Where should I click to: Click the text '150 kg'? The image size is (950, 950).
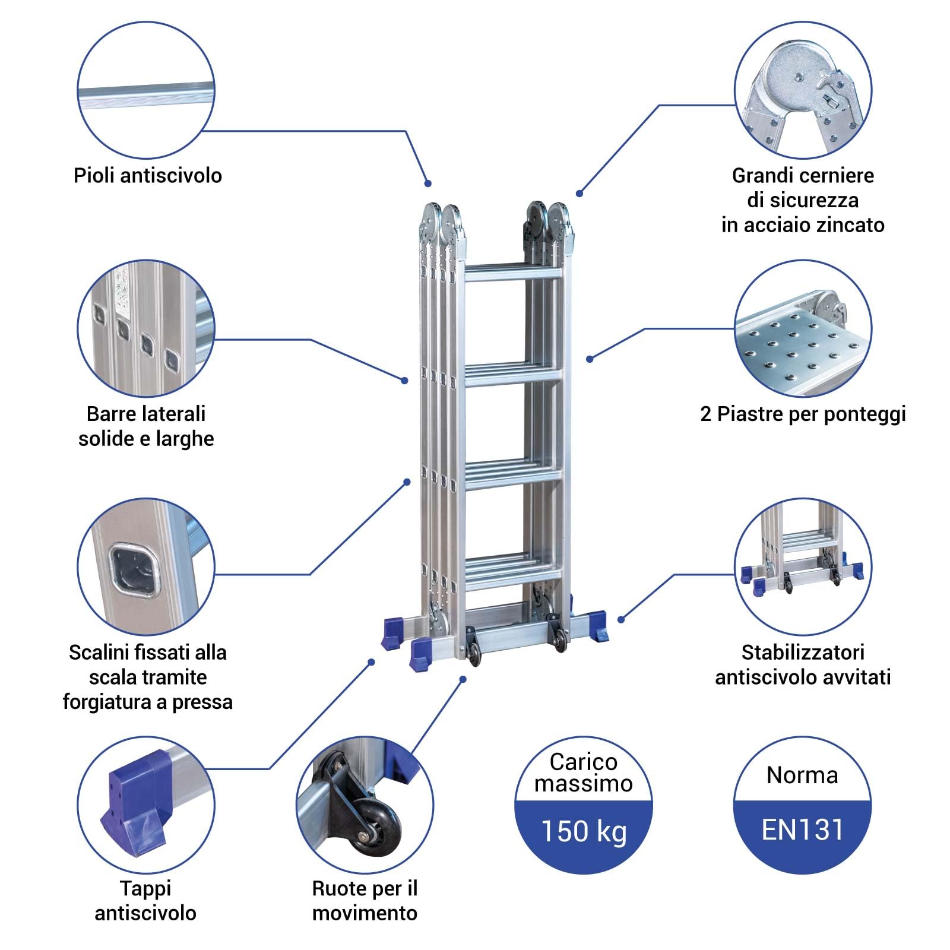point(583,831)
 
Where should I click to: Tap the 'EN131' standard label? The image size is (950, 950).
point(802,829)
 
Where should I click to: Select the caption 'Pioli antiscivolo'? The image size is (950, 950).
point(147,176)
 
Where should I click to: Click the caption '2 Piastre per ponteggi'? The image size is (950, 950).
point(803,414)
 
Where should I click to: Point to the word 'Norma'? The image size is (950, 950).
point(802,775)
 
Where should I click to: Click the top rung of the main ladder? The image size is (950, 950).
point(513,274)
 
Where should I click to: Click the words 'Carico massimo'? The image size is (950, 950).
point(583,772)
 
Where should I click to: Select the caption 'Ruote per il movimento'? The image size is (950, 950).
point(365,900)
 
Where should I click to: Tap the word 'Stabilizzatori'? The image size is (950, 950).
point(803,653)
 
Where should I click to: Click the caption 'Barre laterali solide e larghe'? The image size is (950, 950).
point(146,426)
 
